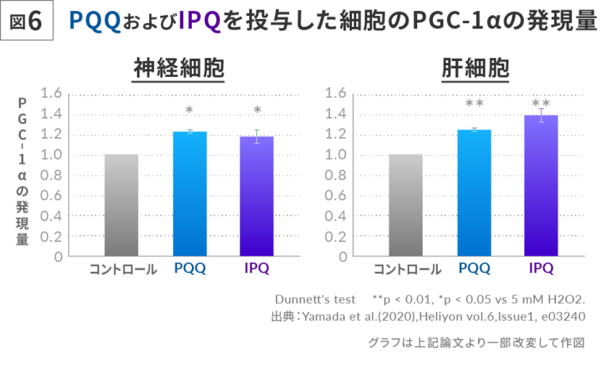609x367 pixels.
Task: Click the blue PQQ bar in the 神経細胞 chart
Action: click(190, 195)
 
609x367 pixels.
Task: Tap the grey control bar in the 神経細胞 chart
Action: click(121, 205)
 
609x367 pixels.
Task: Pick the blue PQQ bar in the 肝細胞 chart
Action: click(474, 194)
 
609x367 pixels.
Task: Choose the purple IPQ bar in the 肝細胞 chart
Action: click(541, 186)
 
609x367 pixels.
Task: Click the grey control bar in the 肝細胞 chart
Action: click(405, 205)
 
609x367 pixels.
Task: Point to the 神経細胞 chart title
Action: click(178, 70)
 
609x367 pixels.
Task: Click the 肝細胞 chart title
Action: click(474, 70)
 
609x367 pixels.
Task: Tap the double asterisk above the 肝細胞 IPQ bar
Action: click(541, 103)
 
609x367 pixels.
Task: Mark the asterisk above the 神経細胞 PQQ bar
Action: click(190, 110)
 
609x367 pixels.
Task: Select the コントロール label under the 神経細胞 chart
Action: click(122, 268)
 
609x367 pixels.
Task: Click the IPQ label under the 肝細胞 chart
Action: click(541, 268)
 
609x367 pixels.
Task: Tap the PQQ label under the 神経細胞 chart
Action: click(190, 268)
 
